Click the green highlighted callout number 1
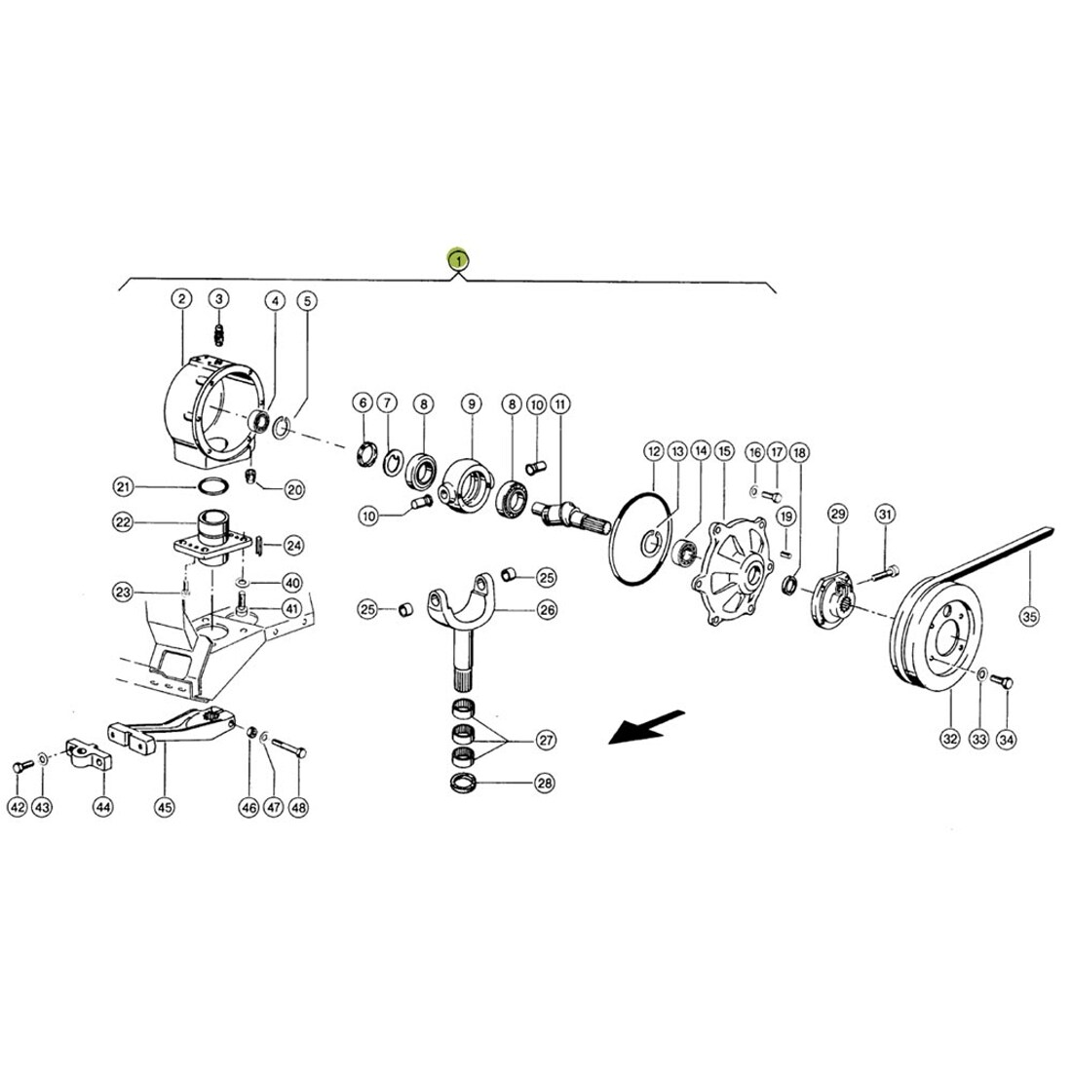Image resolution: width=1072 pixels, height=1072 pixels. tap(458, 259)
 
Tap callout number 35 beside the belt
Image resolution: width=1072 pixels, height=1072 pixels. tap(1029, 617)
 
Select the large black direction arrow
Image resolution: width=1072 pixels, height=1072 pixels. tap(645, 726)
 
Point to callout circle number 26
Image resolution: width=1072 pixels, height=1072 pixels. tap(547, 609)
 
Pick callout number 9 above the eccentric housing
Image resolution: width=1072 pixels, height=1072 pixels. tap(471, 404)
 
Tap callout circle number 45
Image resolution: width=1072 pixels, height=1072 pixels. tap(164, 808)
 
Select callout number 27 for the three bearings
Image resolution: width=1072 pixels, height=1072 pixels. tap(546, 740)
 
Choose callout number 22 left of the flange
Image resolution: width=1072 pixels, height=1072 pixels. tap(123, 522)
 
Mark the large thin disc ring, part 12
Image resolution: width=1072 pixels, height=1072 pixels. tap(640, 541)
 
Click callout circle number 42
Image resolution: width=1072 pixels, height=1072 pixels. tap(18, 808)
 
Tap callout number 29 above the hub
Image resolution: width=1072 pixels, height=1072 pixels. tap(837, 514)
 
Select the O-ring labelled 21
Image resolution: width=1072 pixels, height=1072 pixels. tap(211, 486)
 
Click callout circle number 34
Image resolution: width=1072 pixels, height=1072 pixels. tap(1007, 739)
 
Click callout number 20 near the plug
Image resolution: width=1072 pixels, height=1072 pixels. tap(294, 489)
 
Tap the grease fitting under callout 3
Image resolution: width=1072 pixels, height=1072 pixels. tap(219, 335)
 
